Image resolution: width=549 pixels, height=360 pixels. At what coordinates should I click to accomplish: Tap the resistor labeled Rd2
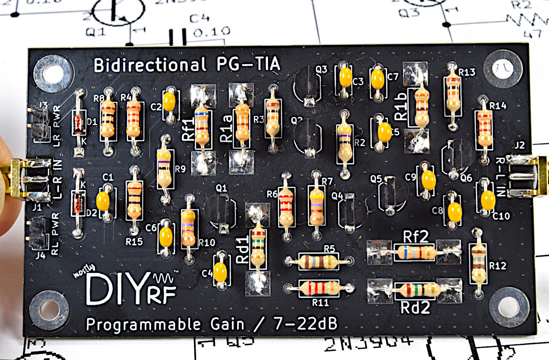[417, 290]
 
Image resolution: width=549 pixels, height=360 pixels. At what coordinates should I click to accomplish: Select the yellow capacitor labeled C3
[345, 77]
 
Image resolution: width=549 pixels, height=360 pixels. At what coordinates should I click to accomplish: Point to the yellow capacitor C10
[488, 200]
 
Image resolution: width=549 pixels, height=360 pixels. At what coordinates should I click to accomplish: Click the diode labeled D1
[78, 121]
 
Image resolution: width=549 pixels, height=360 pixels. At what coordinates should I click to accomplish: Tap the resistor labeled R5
[318, 261]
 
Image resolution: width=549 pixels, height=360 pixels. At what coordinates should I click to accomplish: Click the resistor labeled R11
[319, 288]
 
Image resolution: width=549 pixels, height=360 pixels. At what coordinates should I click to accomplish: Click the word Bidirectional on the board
[150, 65]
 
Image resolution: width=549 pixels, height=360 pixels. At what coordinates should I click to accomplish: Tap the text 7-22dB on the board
[305, 324]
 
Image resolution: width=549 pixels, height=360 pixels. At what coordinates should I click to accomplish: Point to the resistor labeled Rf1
[202, 128]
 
